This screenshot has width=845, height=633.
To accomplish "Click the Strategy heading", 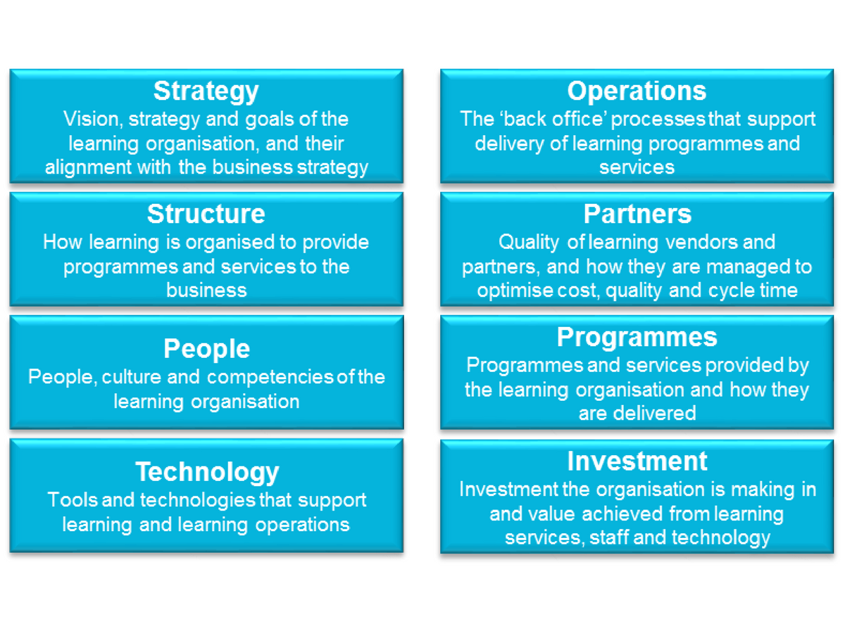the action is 206,92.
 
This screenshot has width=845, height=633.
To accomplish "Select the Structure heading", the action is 206,214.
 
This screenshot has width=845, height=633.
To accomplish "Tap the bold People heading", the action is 207,349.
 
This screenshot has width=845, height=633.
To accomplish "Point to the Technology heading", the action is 207,473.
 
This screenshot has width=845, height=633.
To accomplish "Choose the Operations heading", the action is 637,91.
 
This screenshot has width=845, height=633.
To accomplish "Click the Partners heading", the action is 637,214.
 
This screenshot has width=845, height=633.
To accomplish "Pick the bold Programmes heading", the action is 637,338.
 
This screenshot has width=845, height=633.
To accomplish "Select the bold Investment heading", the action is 637,461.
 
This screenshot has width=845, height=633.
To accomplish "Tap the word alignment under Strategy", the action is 88,168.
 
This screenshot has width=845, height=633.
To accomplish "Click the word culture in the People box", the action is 131,377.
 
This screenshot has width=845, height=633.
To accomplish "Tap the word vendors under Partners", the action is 702,243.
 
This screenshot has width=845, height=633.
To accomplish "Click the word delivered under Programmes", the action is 654,414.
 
